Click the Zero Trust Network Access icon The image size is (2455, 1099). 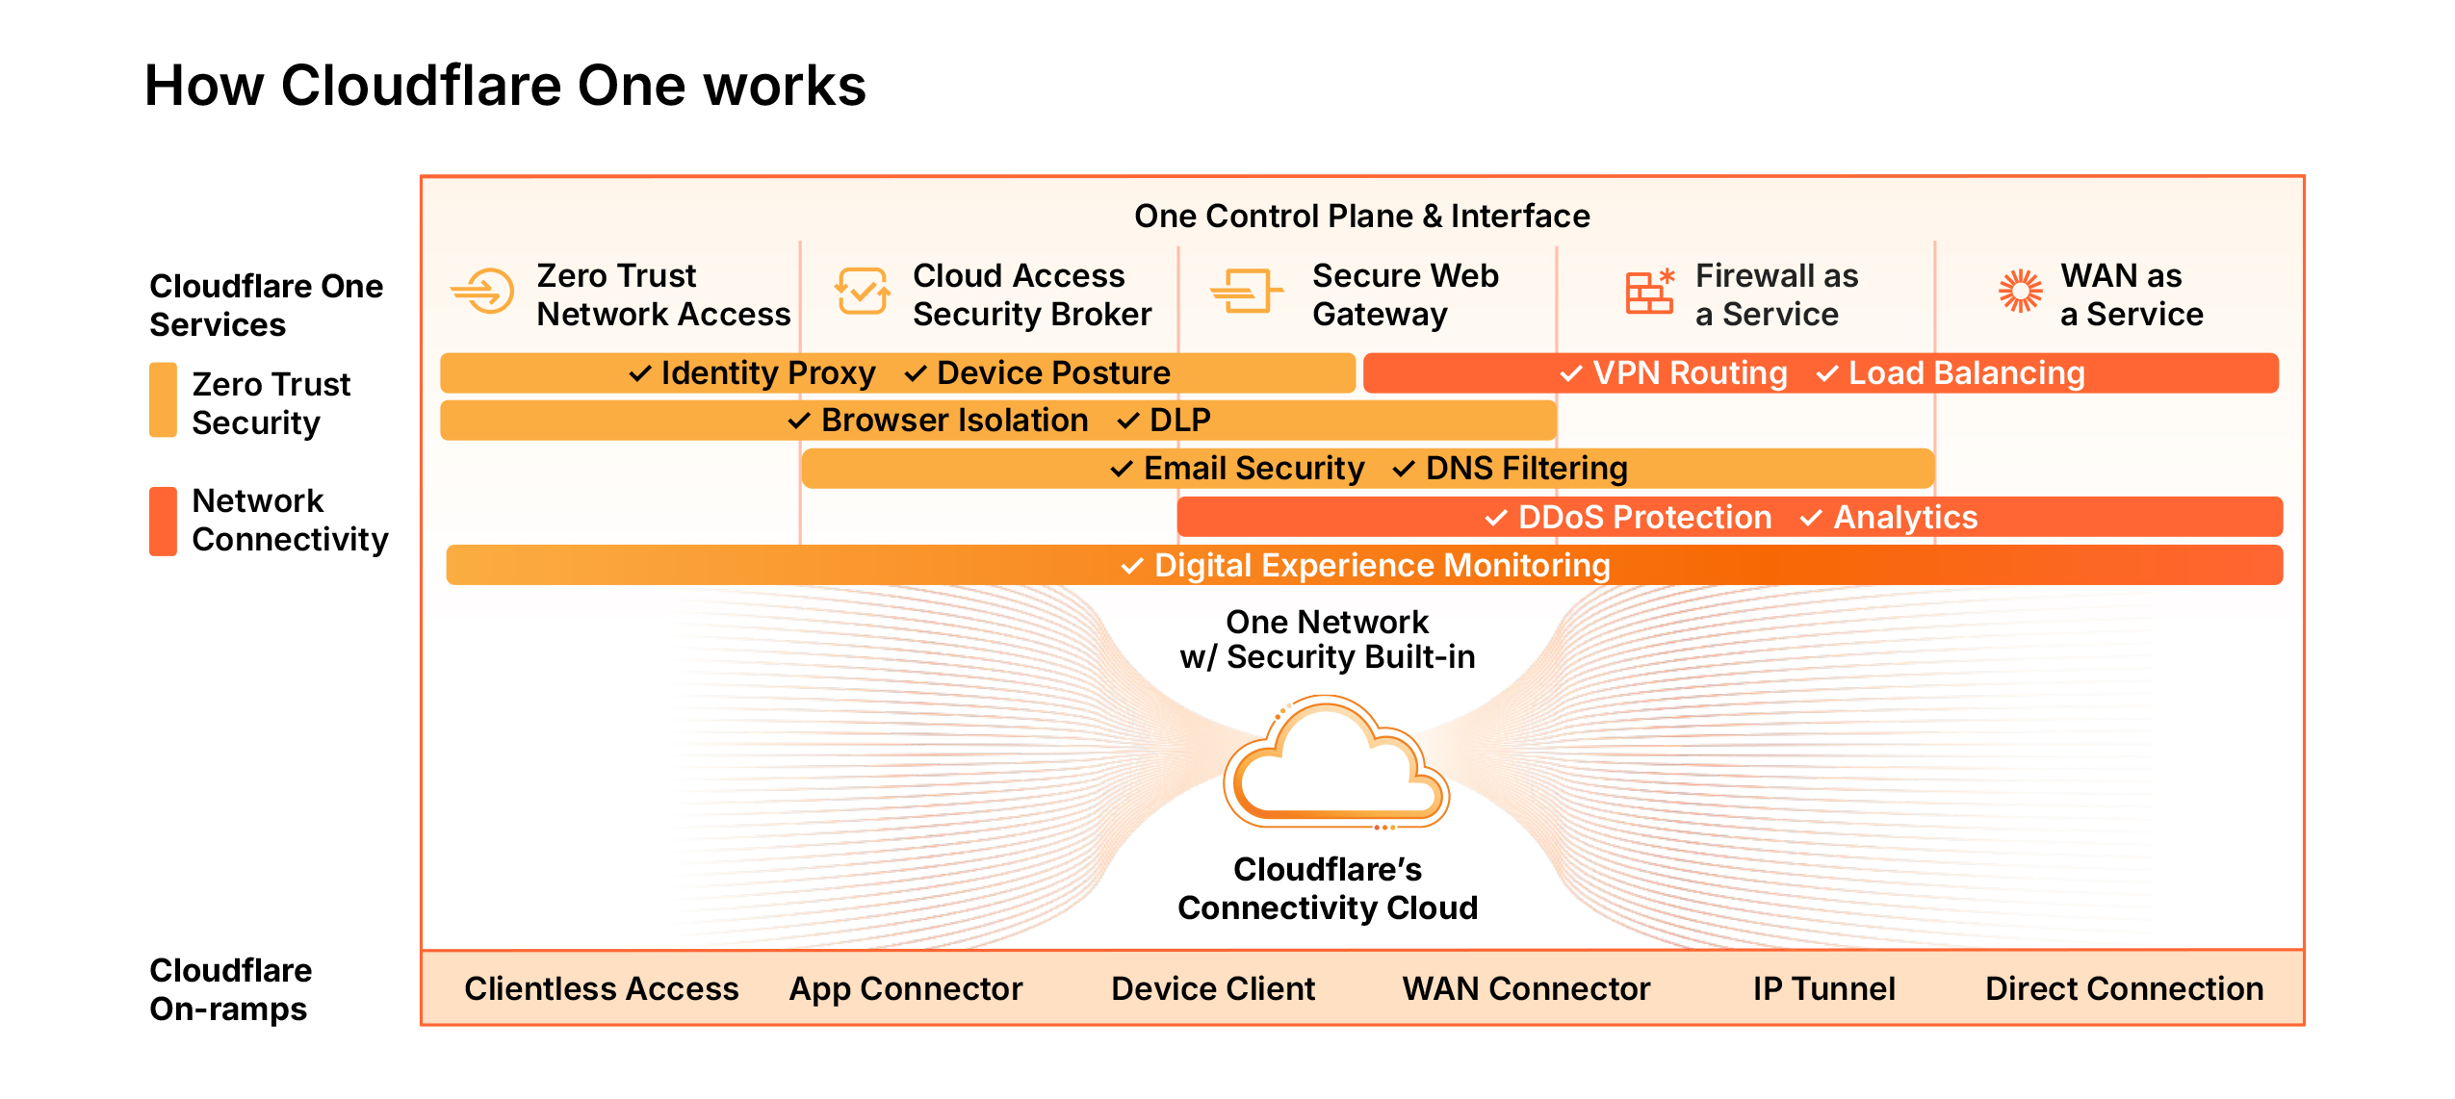(x=483, y=291)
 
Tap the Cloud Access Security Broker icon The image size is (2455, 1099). (x=862, y=291)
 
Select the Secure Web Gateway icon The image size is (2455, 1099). (x=1246, y=291)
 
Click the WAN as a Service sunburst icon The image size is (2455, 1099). (x=2020, y=291)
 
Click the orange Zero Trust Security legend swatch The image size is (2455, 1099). (x=163, y=400)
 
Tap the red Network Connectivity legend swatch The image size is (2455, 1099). (x=163, y=521)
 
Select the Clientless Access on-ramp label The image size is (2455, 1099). (x=601, y=988)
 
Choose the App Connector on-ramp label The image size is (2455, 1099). (x=905, y=988)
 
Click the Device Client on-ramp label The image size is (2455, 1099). (x=1212, y=988)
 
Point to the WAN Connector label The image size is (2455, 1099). (x=1526, y=988)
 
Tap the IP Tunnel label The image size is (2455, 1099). (x=1823, y=988)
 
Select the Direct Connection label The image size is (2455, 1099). (x=2124, y=988)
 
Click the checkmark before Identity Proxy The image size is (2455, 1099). (x=640, y=373)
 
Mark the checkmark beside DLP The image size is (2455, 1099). (x=1128, y=421)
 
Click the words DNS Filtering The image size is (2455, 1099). (x=1526, y=469)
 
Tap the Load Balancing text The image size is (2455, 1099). (x=1966, y=373)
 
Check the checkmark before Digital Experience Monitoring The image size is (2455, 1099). (x=1133, y=566)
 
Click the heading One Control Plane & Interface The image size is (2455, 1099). (x=1361, y=216)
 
